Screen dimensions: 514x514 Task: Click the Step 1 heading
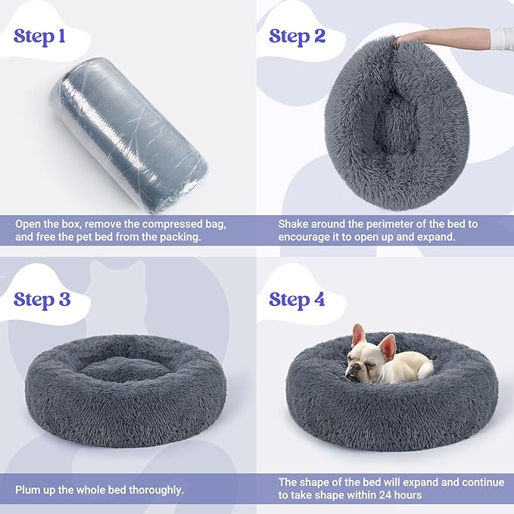click(44, 36)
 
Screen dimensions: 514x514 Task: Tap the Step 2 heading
click(297, 36)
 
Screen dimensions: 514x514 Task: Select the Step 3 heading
click(42, 299)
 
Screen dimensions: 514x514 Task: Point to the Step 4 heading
click(297, 299)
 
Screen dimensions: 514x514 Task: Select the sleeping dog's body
click(405, 366)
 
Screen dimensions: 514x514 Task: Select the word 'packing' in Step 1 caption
click(181, 238)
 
